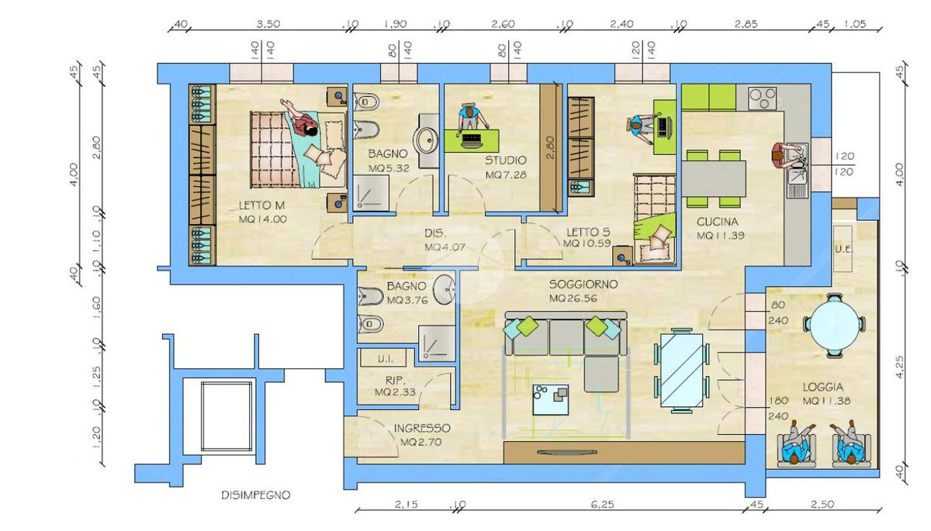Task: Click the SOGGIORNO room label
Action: click(x=583, y=284)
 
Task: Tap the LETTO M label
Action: click(x=261, y=205)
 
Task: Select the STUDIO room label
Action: click(x=505, y=160)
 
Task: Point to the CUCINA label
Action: click(x=717, y=222)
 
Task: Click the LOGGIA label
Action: click(x=823, y=388)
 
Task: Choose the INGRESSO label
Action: click(x=422, y=428)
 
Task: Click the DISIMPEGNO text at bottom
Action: click(x=255, y=495)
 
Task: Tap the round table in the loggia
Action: click(x=835, y=325)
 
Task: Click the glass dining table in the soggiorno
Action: click(x=682, y=371)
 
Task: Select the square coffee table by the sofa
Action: click(x=551, y=399)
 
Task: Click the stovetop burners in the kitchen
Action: click(x=762, y=98)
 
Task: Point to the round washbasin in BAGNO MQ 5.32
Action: click(x=425, y=140)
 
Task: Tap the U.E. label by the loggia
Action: click(x=844, y=250)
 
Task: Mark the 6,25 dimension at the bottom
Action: click(x=602, y=505)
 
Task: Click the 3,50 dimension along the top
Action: click(x=268, y=24)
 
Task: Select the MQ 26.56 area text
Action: click(x=573, y=298)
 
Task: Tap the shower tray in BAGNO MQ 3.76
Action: click(x=437, y=343)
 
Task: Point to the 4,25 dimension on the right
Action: click(x=900, y=367)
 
